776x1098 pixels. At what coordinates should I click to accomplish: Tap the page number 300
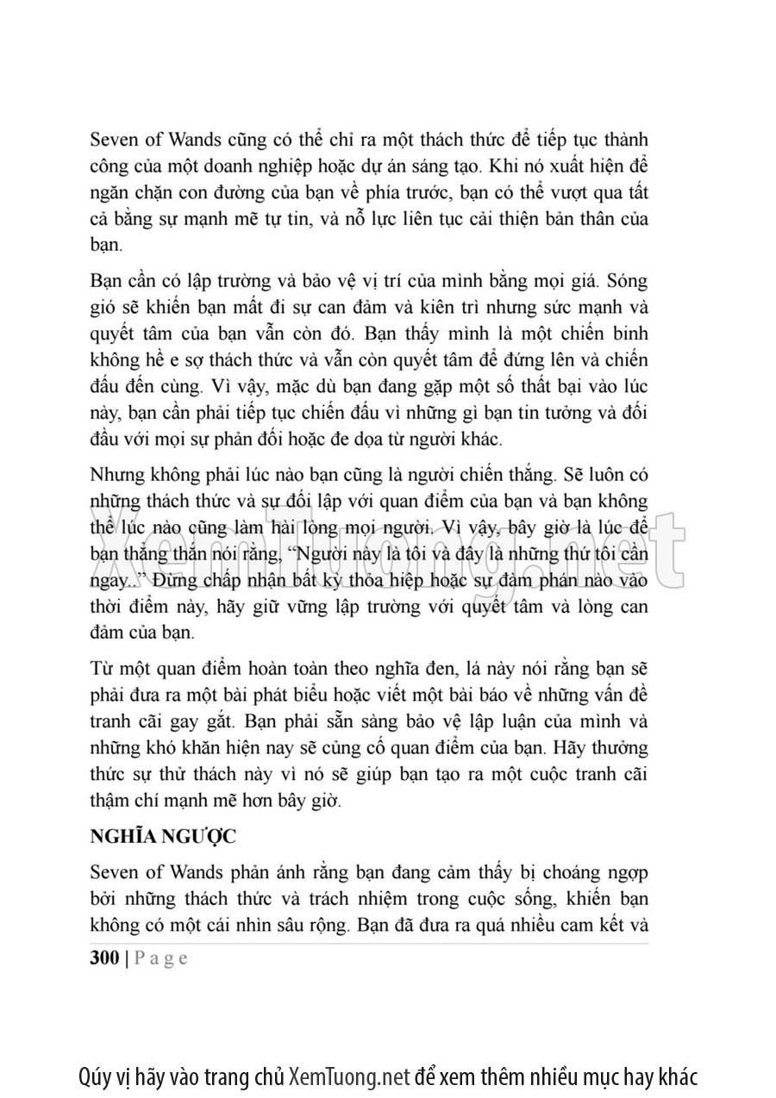click(104, 959)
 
